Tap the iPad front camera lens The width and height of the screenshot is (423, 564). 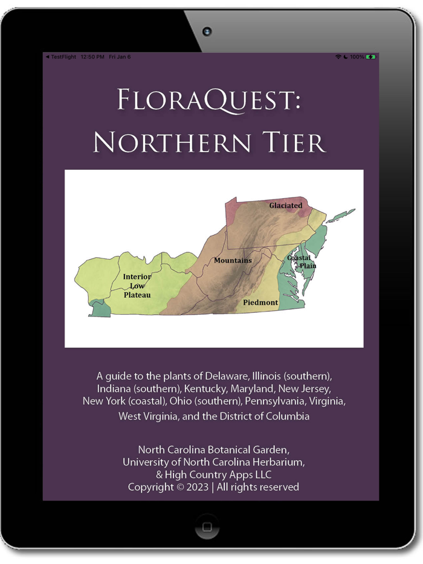point(207,31)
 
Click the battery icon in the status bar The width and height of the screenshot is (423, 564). point(370,57)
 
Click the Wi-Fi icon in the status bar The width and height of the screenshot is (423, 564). point(338,57)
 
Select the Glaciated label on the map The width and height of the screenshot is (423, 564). point(285,205)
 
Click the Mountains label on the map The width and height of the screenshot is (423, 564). point(233,260)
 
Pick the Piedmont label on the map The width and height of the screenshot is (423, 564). point(260,302)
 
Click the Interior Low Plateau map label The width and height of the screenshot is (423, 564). point(137,286)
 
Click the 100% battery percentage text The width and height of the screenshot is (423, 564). point(357,57)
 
